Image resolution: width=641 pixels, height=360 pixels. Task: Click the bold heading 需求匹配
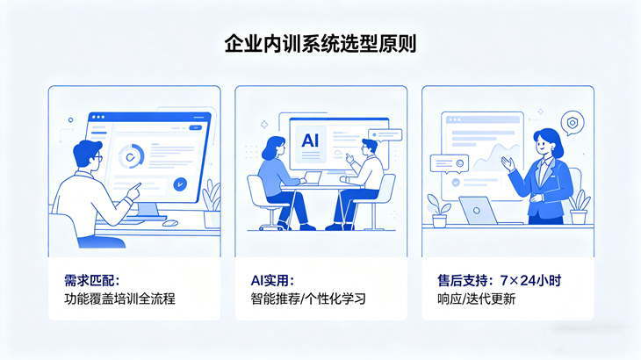(83, 281)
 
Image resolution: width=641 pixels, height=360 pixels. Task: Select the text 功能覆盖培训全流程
(120, 299)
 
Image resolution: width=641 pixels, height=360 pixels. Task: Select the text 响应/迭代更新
(476, 299)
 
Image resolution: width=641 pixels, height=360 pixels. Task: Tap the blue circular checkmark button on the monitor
(180, 184)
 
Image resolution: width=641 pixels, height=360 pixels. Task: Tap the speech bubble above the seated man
(385, 135)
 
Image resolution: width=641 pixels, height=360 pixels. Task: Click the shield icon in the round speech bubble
(572, 123)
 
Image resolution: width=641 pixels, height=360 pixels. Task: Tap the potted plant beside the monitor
(211, 200)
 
